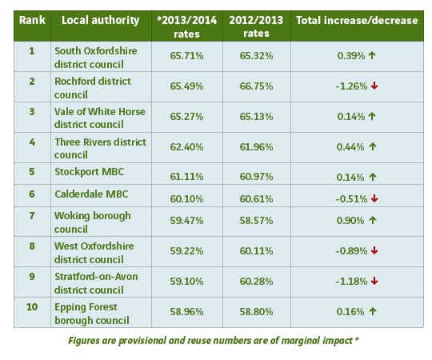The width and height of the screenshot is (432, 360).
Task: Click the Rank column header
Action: click(x=32, y=20)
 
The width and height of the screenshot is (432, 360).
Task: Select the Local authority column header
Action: click(x=101, y=21)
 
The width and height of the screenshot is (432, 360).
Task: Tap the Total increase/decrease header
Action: click(x=357, y=20)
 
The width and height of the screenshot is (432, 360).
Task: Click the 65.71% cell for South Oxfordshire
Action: click(x=186, y=56)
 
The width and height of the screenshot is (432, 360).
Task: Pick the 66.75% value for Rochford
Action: click(x=256, y=86)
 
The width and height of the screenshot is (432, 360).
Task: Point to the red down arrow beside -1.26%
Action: click(x=374, y=86)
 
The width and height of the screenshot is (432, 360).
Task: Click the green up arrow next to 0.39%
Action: click(x=372, y=55)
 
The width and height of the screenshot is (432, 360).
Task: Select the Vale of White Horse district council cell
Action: click(x=100, y=118)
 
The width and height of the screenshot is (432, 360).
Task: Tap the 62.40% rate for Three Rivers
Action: click(x=186, y=147)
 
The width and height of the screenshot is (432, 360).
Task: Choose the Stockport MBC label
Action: click(x=90, y=171)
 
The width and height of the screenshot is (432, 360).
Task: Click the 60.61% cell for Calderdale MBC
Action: click(x=256, y=198)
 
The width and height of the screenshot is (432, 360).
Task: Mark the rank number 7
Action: click(x=32, y=215)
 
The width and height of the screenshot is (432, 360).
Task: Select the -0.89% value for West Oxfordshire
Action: click(x=351, y=251)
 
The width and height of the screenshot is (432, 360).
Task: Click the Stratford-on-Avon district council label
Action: click(x=96, y=283)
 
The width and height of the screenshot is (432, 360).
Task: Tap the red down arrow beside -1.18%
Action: click(x=374, y=281)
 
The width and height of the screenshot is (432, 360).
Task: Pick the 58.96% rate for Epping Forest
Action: click(x=186, y=311)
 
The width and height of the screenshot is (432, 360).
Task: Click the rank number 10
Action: click(x=32, y=306)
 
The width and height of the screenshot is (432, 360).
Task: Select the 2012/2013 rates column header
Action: click(x=256, y=26)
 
